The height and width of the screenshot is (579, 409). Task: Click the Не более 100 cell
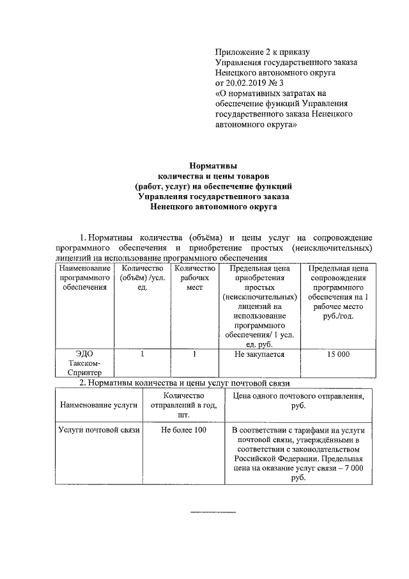184,431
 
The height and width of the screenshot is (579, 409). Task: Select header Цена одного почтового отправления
297,401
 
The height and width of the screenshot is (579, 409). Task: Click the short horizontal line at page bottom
214,513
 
